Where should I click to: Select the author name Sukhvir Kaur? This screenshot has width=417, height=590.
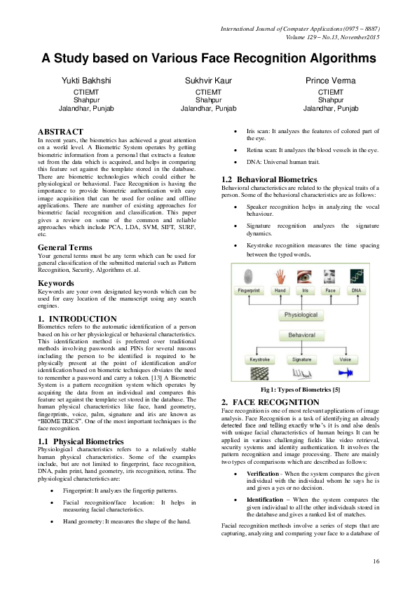[208, 81]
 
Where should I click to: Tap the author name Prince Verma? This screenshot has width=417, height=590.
[330, 81]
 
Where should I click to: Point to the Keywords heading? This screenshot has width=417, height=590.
[58, 283]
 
